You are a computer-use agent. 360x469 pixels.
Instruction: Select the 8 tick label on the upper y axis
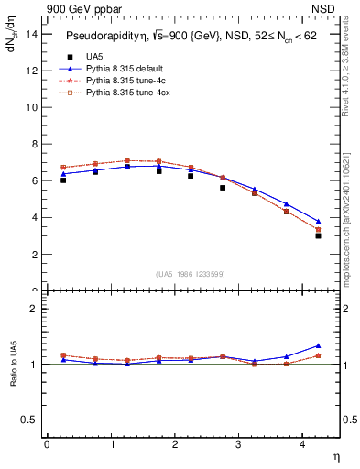click(33, 144)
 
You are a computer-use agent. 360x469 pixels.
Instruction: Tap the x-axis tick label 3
click(239, 444)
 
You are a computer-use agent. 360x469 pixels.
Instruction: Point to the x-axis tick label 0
click(47, 444)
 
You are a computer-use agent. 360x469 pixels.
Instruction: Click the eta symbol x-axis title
click(335, 456)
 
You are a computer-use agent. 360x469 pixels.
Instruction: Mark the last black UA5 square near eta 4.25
click(318, 235)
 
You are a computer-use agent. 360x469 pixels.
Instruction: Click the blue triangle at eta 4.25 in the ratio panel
click(318, 346)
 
